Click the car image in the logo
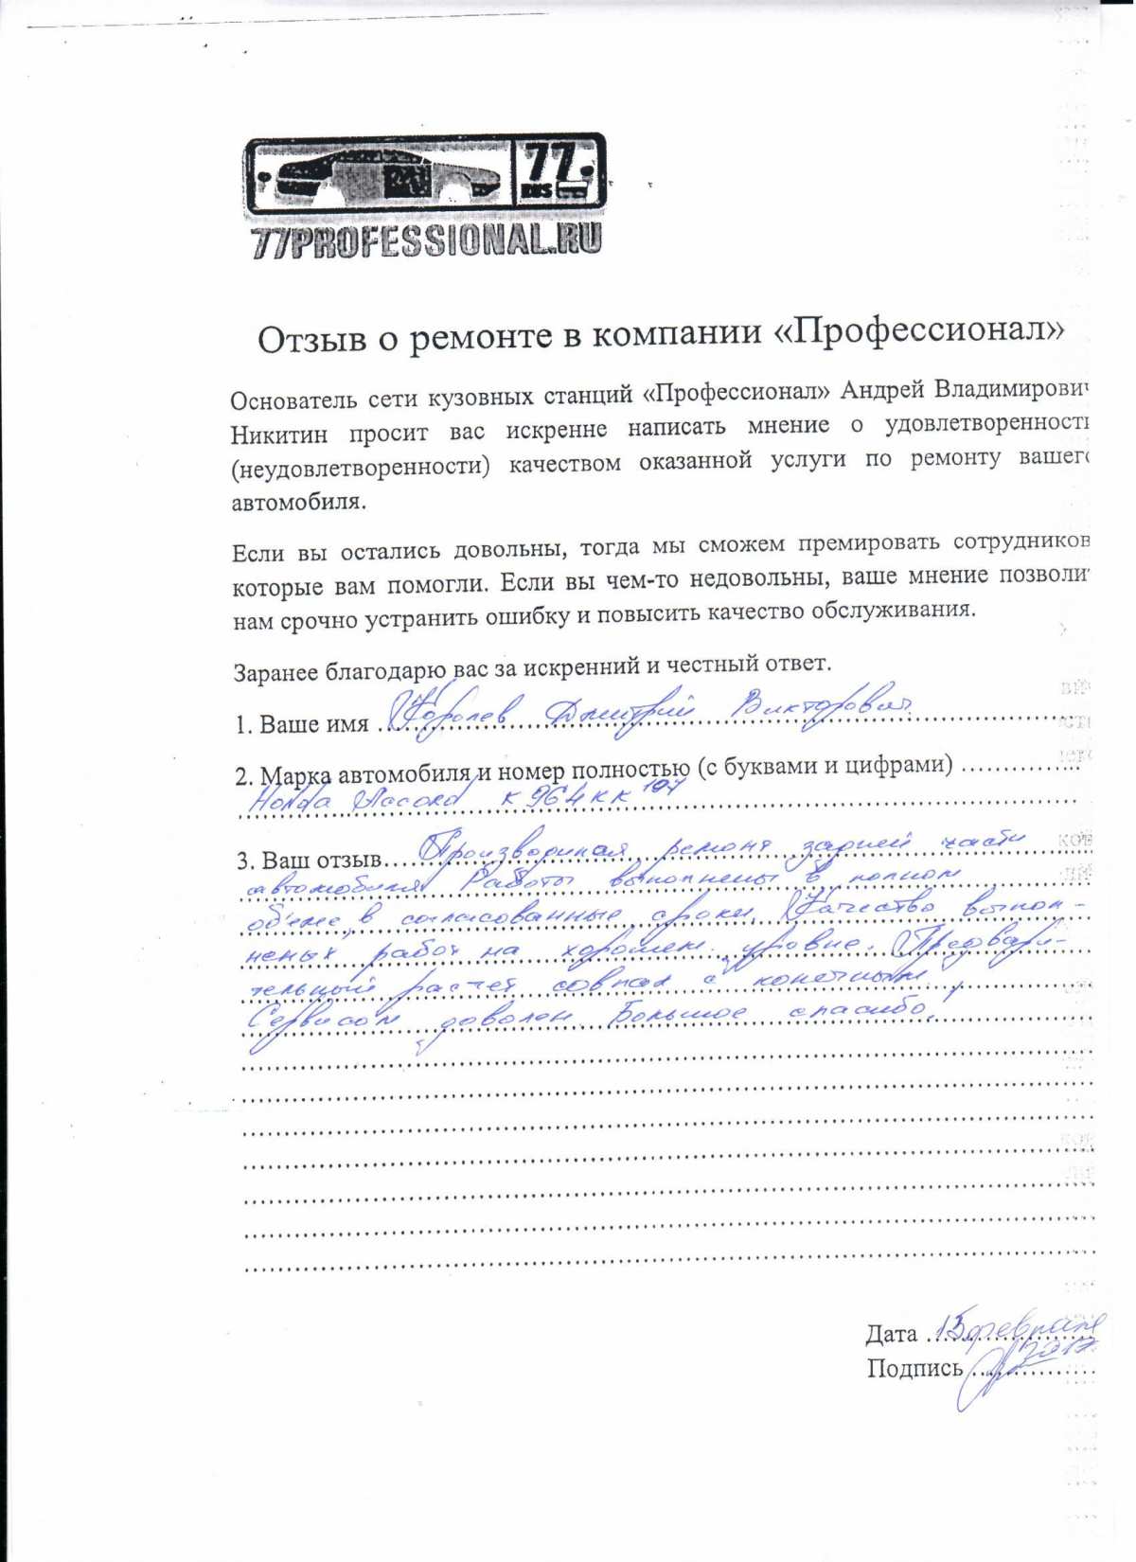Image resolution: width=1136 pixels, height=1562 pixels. [379, 179]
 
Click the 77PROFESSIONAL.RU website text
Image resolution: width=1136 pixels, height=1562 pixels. [426, 242]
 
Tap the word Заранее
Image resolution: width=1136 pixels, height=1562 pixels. [276, 671]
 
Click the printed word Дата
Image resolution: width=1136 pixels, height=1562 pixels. [890, 1335]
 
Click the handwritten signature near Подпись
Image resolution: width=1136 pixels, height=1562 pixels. [994, 1373]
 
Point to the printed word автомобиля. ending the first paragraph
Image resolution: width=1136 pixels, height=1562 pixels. [298, 503]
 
